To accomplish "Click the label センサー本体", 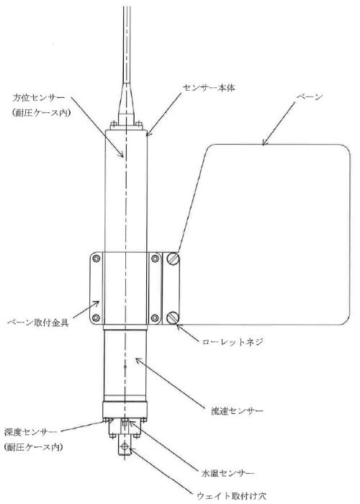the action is [x=209, y=88].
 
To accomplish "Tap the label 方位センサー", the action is [x=39, y=98].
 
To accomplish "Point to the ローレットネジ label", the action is [x=233, y=342].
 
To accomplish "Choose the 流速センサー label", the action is [x=237, y=411].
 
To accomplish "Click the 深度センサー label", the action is [x=30, y=432].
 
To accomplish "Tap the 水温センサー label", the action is [x=228, y=473].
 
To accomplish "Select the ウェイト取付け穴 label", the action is [x=231, y=496].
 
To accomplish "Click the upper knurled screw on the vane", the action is [x=173, y=259].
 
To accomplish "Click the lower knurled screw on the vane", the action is [x=173, y=318].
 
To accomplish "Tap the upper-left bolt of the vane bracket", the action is [x=96, y=258].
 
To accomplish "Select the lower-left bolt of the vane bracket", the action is [x=96, y=318].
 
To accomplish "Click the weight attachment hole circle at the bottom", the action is [x=125, y=446].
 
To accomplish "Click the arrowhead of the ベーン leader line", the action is [x=264, y=143].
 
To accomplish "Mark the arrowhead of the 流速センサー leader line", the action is [x=138, y=360].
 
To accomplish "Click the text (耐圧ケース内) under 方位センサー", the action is [x=41, y=113].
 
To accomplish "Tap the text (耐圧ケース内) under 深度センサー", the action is [x=33, y=447].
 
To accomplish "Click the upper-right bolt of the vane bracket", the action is [x=155, y=258].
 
